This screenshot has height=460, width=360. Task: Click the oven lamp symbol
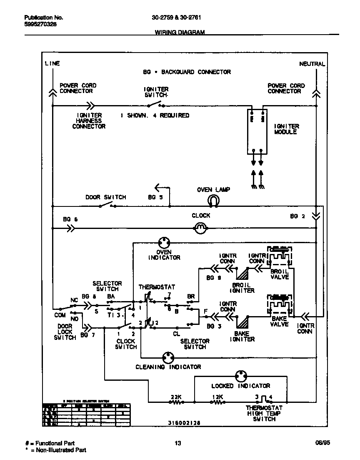click(213, 201)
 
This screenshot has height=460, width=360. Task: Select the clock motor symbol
click(201, 228)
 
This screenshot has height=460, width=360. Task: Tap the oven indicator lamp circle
click(164, 242)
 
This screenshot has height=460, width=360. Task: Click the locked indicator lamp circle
click(241, 376)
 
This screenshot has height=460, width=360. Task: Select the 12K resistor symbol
click(217, 402)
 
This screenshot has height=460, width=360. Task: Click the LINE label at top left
click(52, 63)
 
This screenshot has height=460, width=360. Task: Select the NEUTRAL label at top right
click(312, 64)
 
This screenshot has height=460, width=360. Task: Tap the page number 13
click(178, 443)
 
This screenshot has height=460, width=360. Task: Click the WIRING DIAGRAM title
click(180, 32)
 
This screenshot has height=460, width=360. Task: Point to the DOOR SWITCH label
click(106, 197)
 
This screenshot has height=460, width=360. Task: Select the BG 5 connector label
click(155, 197)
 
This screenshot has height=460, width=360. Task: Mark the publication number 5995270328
click(41, 24)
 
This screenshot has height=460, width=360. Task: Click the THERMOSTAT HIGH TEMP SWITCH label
click(264, 413)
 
